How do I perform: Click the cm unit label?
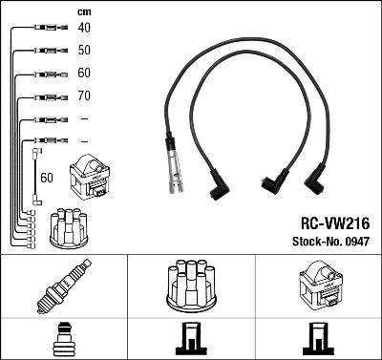[83, 11]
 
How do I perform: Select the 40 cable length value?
[83, 29]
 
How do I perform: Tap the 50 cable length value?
[83, 51]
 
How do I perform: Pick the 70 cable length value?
[83, 96]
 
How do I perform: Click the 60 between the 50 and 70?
[83, 74]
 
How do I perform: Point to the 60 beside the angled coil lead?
[47, 178]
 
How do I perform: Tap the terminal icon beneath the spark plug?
[63, 340]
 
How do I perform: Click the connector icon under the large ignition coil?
[316, 340]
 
